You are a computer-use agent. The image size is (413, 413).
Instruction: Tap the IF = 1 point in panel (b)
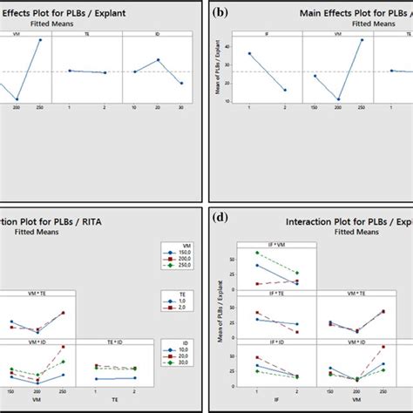coord(249,53)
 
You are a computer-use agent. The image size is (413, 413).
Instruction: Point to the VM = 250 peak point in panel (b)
coord(362,39)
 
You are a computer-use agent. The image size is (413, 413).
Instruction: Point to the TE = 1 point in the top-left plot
coord(70,71)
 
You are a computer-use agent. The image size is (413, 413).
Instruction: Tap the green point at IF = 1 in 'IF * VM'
coord(257,253)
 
